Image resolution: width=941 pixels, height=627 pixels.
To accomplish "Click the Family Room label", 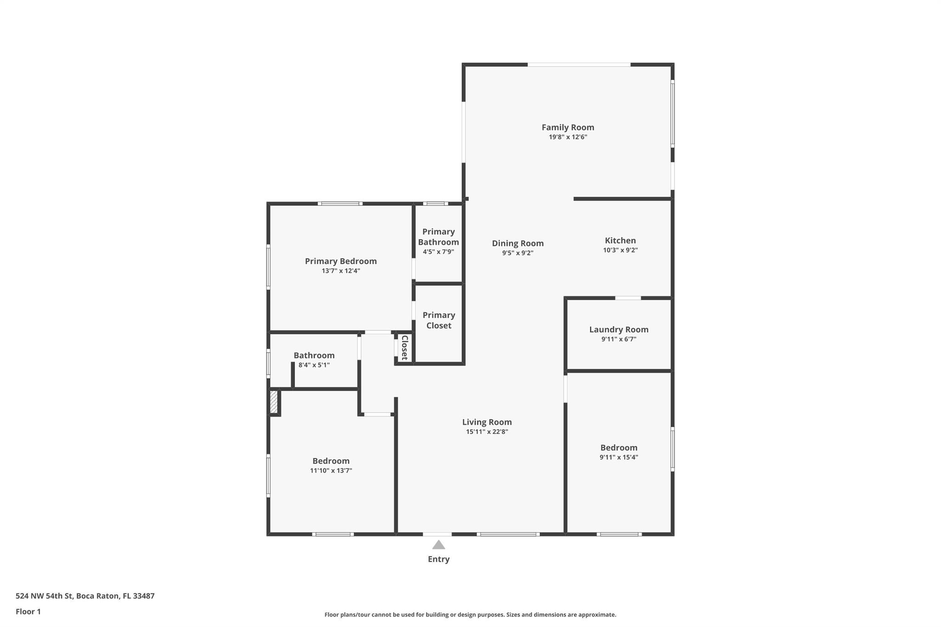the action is pyautogui.click(x=568, y=128).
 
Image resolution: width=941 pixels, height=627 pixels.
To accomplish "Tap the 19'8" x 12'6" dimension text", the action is pyautogui.click(x=568, y=137).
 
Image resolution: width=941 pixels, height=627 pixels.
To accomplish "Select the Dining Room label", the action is pyautogui.click(x=518, y=243).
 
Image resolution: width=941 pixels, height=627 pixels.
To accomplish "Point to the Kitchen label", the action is pyautogui.click(x=620, y=240).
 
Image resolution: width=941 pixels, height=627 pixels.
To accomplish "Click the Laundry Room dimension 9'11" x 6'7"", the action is pyautogui.click(x=619, y=339).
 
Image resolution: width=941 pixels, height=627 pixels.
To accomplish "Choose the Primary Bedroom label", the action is pyautogui.click(x=341, y=261).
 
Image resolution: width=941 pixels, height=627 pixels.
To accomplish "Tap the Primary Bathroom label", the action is pyautogui.click(x=438, y=237).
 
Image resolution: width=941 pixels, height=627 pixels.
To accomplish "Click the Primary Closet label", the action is pyautogui.click(x=439, y=320).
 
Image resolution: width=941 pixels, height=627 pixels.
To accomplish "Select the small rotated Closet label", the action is pyautogui.click(x=404, y=348).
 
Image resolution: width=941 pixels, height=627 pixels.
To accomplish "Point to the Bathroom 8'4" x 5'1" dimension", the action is pyautogui.click(x=314, y=365).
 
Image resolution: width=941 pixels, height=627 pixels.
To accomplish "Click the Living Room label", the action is pyautogui.click(x=487, y=422).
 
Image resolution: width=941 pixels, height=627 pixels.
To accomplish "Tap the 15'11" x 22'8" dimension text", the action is pyautogui.click(x=487, y=432).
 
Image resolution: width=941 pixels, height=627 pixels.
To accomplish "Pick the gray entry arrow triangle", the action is pyautogui.click(x=439, y=545).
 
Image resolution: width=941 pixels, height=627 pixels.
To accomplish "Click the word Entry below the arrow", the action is pyautogui.click(x=439, y=559).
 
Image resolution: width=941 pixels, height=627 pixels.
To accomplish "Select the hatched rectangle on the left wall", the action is pyautogui.click(x=274, y=402).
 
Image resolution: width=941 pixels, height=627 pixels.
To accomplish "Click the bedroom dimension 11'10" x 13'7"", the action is pyautogui.click(x=331, y=471).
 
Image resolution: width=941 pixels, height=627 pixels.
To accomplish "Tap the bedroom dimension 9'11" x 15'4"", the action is pyautogui.click(x=619, y=458).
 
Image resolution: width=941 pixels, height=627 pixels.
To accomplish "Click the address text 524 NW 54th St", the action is pyautogui.click(x=44, y=596).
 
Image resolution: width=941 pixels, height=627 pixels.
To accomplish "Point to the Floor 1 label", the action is pyautogui.click(x=28, y=612).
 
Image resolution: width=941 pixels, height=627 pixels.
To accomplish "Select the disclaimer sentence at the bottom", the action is pyautogui.click(x=470, y=615).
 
